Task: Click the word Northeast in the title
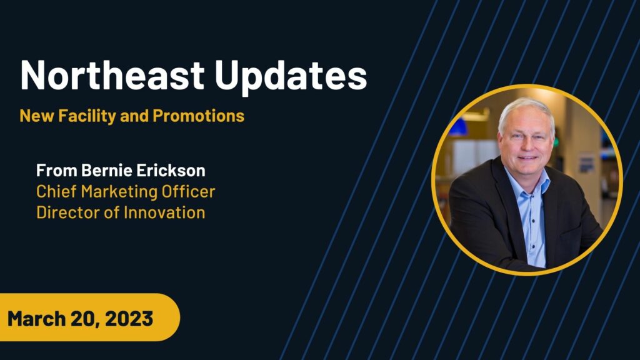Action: point(112,75)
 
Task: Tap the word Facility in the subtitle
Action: point(87,116)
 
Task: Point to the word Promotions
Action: point(198,116)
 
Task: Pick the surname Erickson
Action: point(171,170)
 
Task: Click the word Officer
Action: point(188,191)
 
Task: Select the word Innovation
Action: point(164,212)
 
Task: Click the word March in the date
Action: point(37,318)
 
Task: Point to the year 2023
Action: point(129,318)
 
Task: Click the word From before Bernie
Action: point(57,170)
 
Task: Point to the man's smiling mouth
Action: point(527,157)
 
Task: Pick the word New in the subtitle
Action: point(37,116)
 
